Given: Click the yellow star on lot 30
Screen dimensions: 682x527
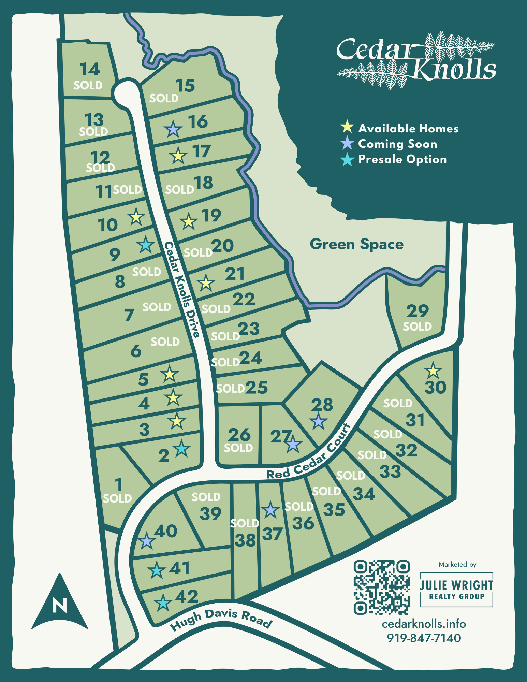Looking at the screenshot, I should pos(433,371).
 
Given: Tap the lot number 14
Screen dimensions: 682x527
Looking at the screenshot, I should pos(90,69).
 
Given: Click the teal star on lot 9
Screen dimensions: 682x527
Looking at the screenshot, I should pos(146,245).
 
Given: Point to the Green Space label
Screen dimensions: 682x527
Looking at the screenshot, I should pos(356,244).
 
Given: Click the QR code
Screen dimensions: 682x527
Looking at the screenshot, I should pos(382,587).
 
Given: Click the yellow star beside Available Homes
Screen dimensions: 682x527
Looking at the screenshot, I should pos(347,127).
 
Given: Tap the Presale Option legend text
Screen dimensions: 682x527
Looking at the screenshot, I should pos(402,159).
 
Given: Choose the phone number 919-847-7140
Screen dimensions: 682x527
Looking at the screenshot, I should pos(424,638).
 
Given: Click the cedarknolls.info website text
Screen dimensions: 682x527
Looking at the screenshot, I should pos(424,624).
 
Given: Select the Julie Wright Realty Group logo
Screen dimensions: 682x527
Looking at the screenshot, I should pos(456,590).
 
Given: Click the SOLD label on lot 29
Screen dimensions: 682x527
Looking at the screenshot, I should pos(417,327).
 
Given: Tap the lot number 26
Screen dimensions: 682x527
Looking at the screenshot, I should pos(239,435).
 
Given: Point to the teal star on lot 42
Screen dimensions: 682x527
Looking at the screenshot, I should pos(163,603).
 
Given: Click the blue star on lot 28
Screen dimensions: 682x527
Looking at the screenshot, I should pos(318,422).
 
